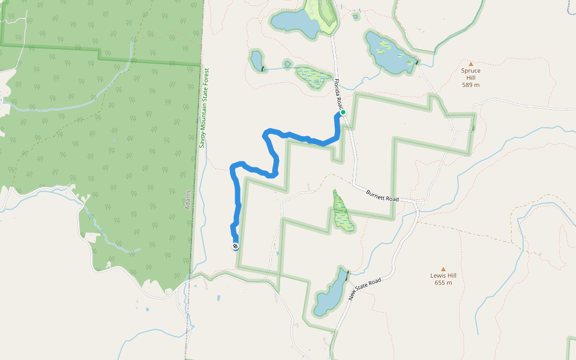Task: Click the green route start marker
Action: click(343, 112)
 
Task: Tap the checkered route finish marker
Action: click(235, 246)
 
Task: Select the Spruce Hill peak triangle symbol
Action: click(471, 64)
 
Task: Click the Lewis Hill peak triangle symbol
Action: click(443, 269)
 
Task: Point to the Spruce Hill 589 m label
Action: click(471, 77)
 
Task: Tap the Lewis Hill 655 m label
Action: click(443, 279)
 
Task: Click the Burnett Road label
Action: click(383, 195)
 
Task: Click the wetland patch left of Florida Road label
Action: click(313, 77)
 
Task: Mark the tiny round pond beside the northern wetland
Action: click(287, 64)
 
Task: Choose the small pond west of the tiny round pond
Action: click(256, 60)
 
